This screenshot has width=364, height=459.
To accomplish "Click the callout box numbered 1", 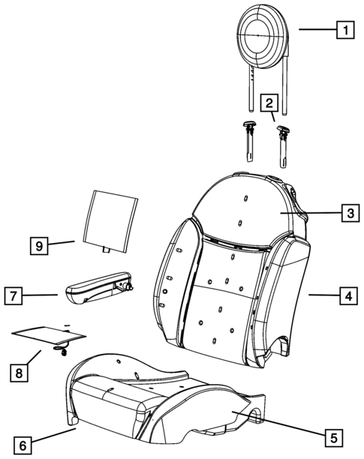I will click(x=344, y=31).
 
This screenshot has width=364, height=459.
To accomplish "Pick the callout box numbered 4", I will click(x=345, y=296).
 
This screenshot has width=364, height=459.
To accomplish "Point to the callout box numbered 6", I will click(x=23, y=445).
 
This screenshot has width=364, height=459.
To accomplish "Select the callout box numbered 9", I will click(x=41, y=244).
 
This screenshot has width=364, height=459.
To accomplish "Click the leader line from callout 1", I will click(x=316, y=30).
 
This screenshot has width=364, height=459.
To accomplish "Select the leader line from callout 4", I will click(x=322, y=296).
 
